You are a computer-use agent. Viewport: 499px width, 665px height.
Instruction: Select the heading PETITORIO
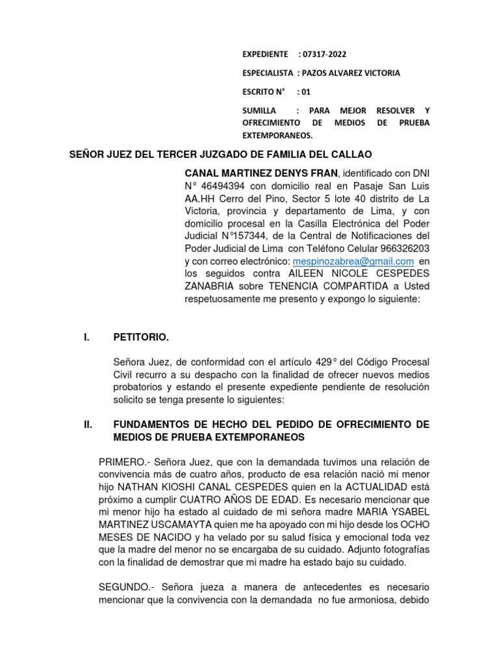pyautogui.click(x=140, y=337)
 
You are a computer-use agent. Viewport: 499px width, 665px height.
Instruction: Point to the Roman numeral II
pyautogui.click(x=89, y=425)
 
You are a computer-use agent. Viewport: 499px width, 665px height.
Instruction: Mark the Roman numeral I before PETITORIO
pyautogui.click(x=86, y=337)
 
